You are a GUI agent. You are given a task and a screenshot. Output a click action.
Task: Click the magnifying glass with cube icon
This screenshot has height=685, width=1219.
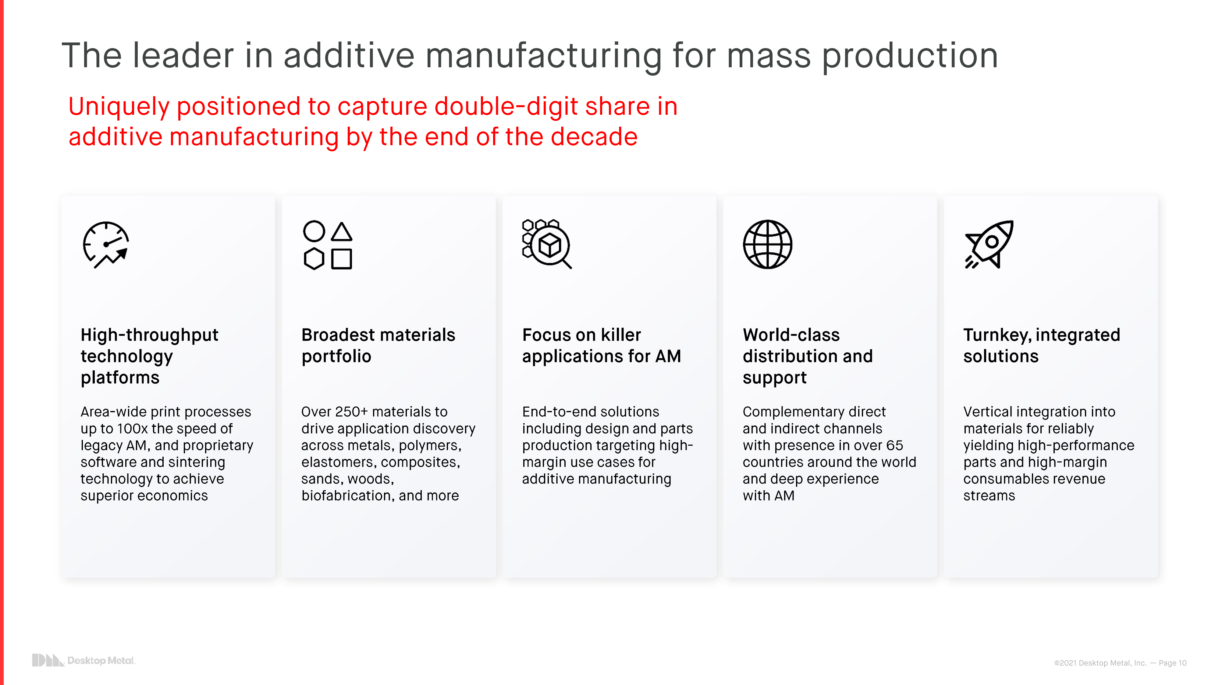tap(546, 244)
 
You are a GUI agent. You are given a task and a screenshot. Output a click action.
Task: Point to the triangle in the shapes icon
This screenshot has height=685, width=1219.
tap(341, 232)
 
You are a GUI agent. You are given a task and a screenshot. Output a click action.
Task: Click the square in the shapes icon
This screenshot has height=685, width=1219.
tap(341, 259)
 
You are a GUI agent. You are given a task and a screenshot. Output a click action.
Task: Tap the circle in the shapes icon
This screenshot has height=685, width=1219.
tap(314, 231)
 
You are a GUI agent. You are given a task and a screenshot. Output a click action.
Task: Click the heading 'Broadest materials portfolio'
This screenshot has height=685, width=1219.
tap(378, 346)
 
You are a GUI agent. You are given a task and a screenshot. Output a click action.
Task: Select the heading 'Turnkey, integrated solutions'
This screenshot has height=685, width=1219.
tap(1042, 346)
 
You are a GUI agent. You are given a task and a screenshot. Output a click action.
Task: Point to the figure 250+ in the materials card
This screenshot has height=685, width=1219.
tap(351, 412)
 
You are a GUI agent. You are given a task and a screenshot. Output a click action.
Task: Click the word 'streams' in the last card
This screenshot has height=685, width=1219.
tap(989, 496)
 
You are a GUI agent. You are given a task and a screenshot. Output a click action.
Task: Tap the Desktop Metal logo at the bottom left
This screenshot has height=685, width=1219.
tap(83, 660)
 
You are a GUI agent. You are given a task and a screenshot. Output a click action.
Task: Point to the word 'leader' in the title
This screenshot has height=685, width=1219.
tap(183, 56)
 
